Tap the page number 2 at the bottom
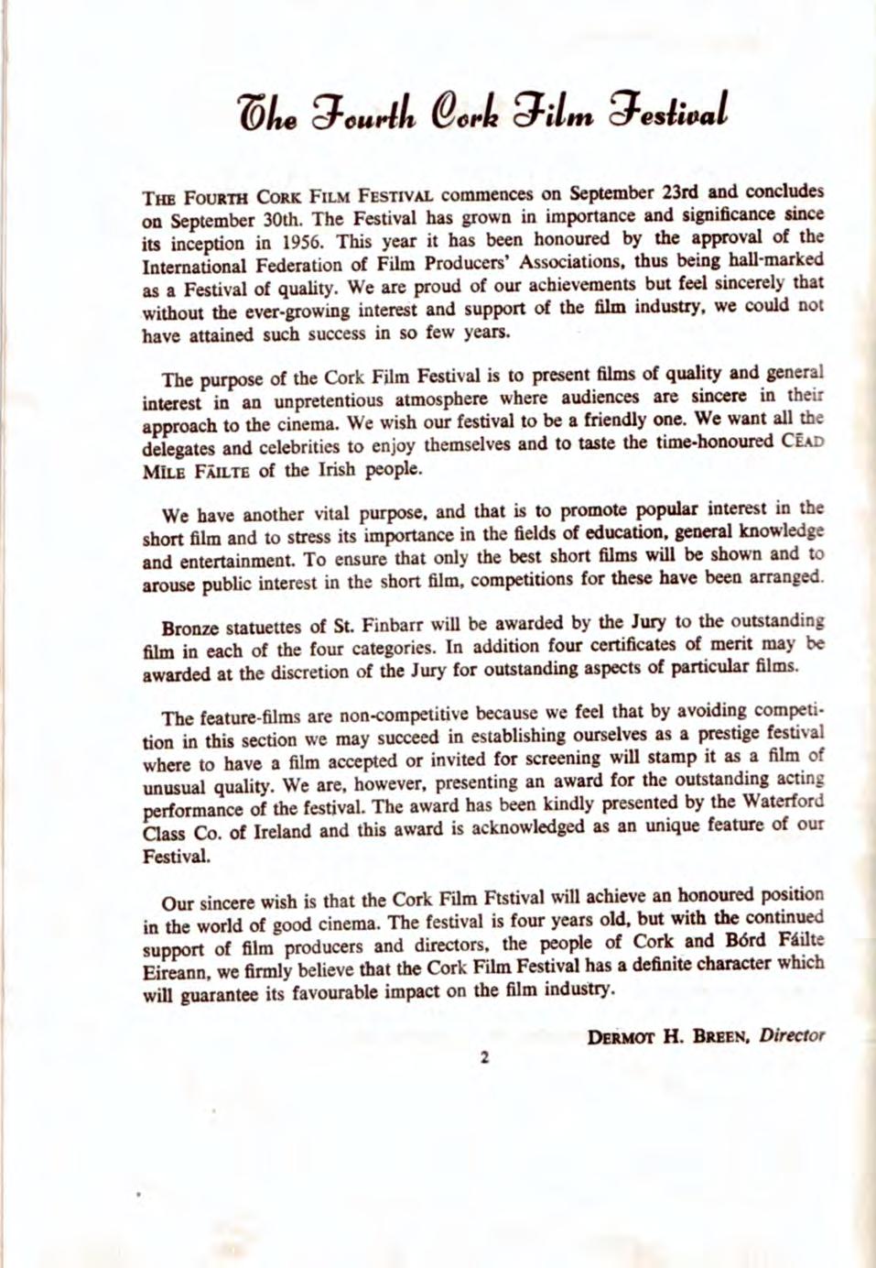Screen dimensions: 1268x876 pos(485,1058)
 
